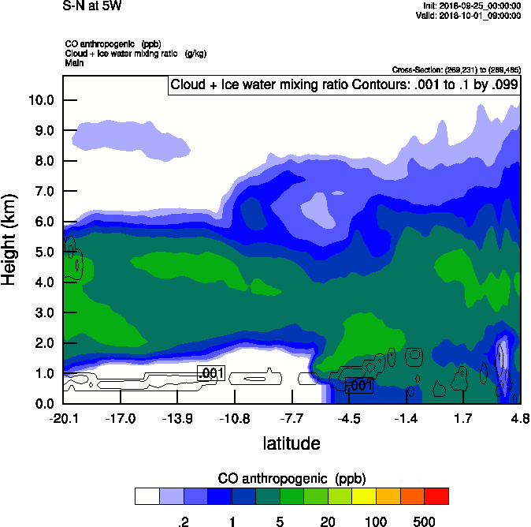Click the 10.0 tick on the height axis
40,100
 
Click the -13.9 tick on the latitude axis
177,418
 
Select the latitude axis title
291,443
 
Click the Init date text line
472,6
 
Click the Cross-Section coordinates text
455,70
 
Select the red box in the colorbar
436,496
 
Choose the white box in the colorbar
147,496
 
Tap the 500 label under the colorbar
424,521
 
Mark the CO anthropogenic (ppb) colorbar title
291,479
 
